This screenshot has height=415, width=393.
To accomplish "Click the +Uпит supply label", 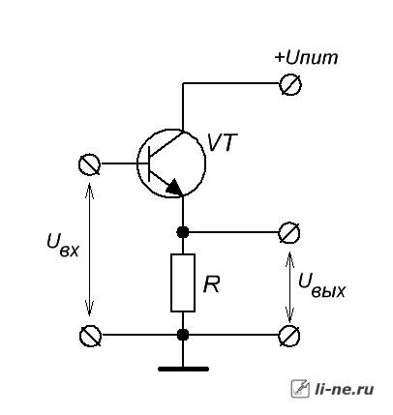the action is click(x=306, y=58).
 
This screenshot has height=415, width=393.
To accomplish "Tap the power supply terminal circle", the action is click(x=290, y=84).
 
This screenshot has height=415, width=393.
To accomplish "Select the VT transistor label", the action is click(x=222, y=142).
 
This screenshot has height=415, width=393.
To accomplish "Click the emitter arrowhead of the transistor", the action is click(x=173, y=188).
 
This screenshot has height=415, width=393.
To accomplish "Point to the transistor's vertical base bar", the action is click(x=149, y=163).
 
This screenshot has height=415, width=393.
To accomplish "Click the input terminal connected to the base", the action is click(x=89, y=164).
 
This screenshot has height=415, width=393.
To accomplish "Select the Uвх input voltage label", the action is click(x=63, y=245).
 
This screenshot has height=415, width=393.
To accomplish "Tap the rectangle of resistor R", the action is click(x=183, y=282).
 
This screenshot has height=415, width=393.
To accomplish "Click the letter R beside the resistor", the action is click(x=211, y=284).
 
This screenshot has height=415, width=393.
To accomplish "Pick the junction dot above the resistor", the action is click(x=183, y=232).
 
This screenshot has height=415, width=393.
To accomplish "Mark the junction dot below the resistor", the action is click(x=183, y=335).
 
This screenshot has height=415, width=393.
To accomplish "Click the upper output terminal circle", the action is click(x=289, y=232).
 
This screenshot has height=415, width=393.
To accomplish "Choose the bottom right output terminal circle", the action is click(x=289, y=336).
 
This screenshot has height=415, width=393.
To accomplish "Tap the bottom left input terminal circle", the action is click(x=90, y=336).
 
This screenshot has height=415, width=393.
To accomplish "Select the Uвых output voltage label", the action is click(x=321, y=284).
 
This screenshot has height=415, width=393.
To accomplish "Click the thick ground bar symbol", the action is click(x=183, y=370).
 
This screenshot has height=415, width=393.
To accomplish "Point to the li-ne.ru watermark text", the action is click(x=345, y=389).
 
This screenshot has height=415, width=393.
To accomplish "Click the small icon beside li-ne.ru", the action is click(x=300, y=389).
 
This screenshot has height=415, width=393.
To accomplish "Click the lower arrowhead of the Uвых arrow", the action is click(x=289, y=315).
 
